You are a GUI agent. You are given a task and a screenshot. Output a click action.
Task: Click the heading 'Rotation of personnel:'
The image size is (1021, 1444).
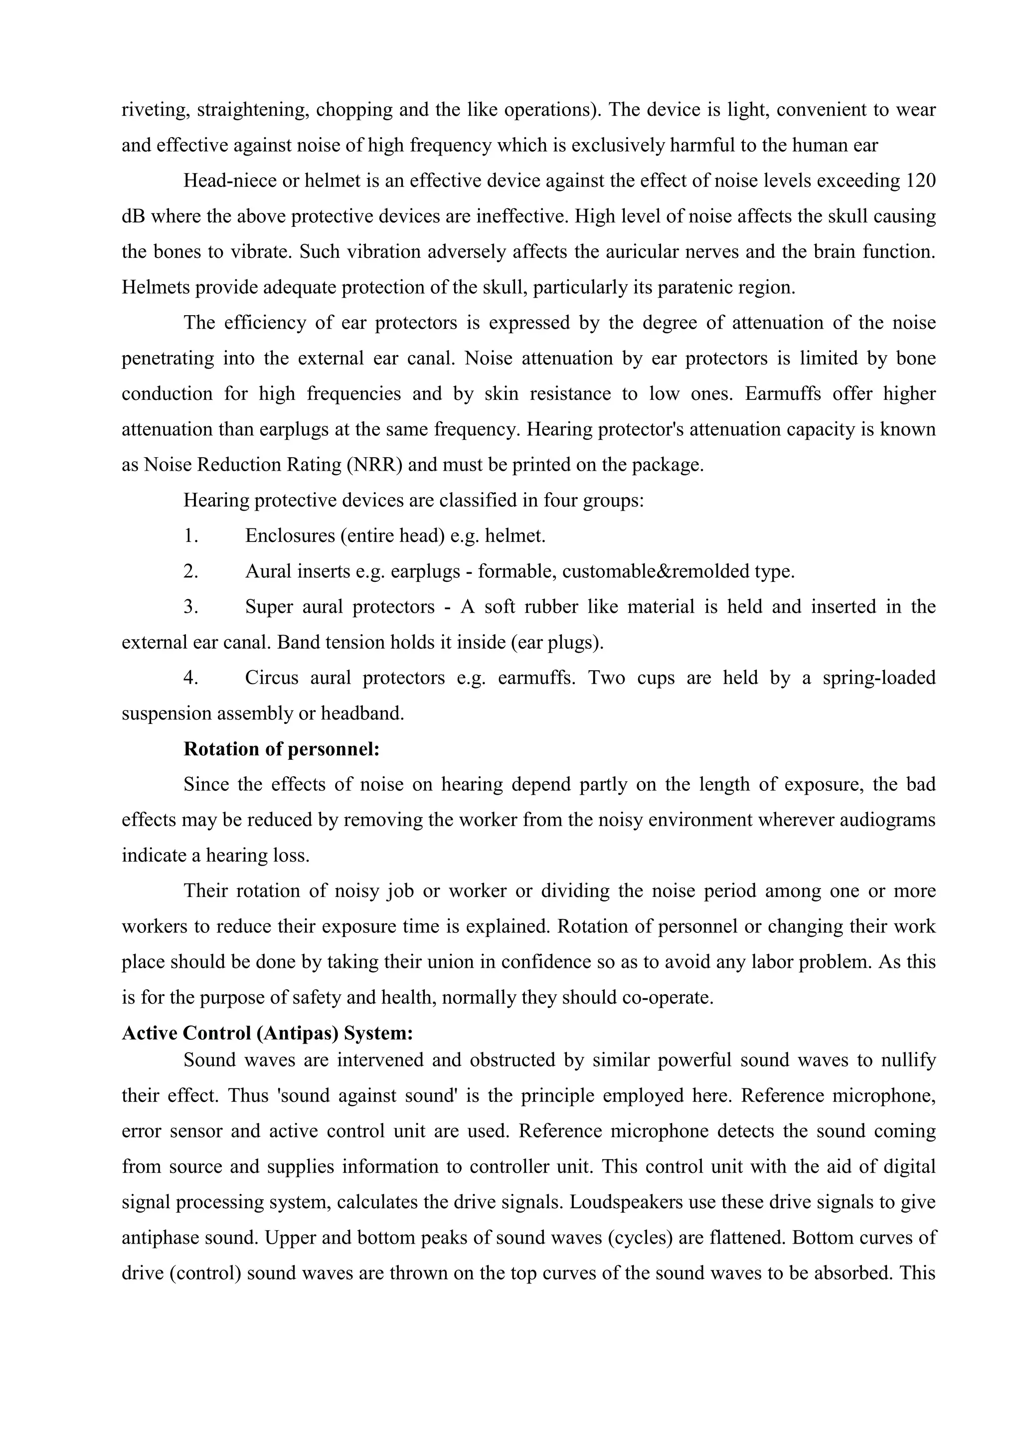[281, 749]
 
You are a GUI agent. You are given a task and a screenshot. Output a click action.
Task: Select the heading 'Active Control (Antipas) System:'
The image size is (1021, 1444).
[267, 1033]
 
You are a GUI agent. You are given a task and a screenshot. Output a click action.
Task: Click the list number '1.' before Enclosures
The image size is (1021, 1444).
[191, 537]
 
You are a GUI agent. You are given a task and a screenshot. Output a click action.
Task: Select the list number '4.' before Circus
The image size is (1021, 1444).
[191, 679]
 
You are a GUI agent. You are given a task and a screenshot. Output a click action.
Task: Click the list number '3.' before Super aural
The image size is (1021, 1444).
[191, 607]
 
